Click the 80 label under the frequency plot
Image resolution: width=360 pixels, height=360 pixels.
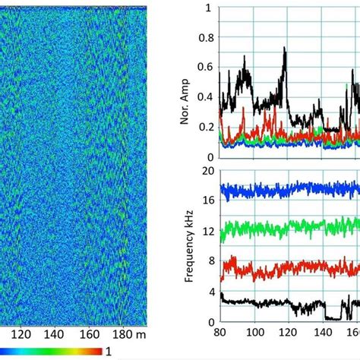219,333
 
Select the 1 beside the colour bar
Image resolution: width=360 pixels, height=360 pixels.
109,352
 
